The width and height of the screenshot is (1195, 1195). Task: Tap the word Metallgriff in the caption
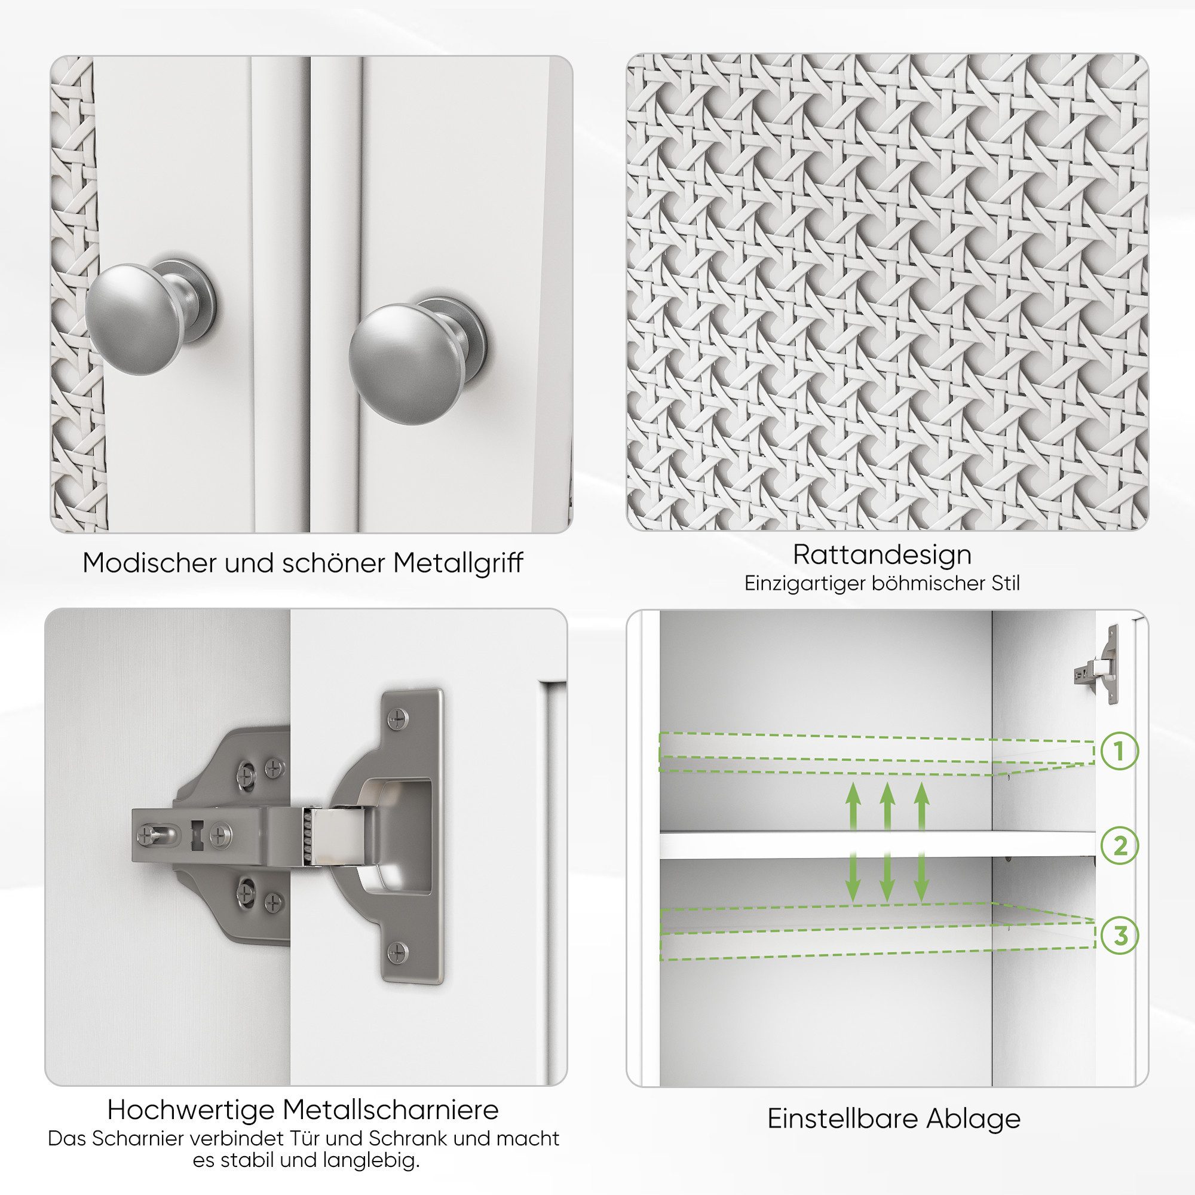coord(458,563)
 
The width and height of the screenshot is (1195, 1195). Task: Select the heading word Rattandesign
coord(883,554)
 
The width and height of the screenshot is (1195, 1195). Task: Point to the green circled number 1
coord(1119,752)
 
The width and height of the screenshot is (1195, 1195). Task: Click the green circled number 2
coord(1119,845)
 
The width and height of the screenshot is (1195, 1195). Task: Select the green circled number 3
coord(1119,936)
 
